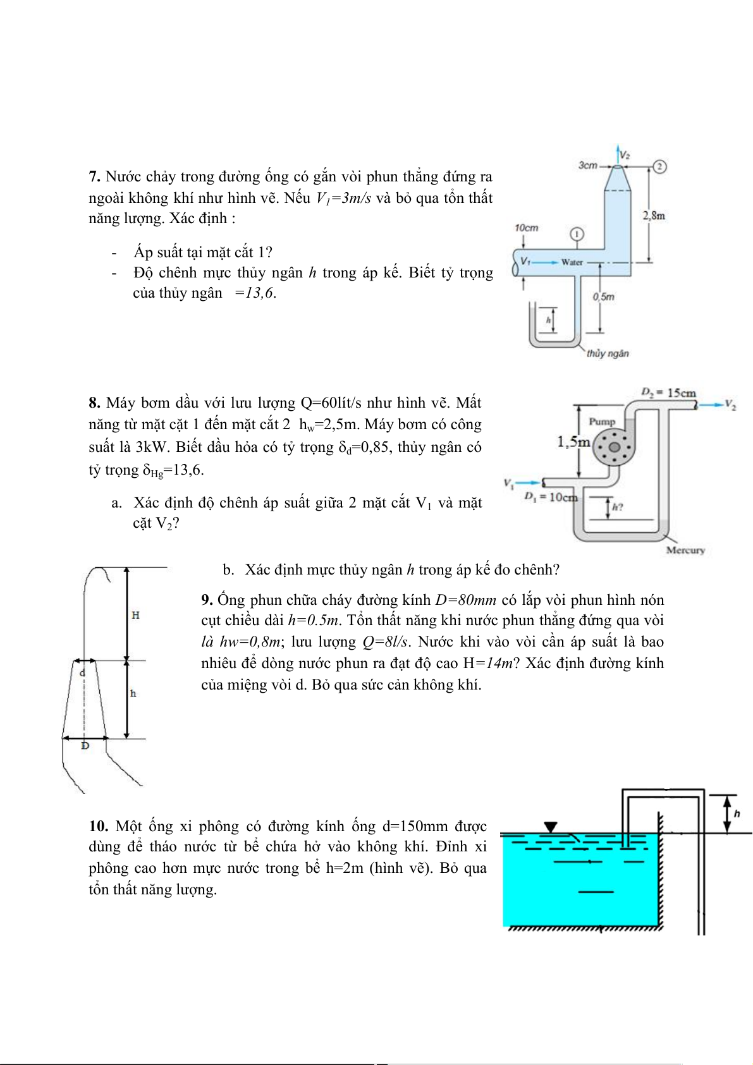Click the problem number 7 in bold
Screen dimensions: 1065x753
[x=94, y=177]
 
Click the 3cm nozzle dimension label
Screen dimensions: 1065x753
[x=587, y=166]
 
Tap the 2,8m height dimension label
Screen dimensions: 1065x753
[x=654, y=216]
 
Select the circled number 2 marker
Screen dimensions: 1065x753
[x=661, y=166]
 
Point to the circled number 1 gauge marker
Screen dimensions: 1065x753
[x=576, y=234]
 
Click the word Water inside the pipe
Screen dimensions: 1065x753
[x=572, y=262]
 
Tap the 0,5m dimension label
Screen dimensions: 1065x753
[x=604, y=296]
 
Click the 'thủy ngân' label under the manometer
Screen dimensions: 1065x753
[x=607, y=353]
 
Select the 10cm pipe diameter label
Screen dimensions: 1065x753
[x=526, y=228]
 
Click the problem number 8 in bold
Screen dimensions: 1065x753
[x=94, y=403]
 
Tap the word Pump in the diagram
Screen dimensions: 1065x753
[x=602, y=422]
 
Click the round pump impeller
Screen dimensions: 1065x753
[x=613, y=447]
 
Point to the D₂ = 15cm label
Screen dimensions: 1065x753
[x=668, y=393]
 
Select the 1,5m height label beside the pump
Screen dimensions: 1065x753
[x=573, y=442]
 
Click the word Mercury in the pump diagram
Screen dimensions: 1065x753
[x=685, y=550]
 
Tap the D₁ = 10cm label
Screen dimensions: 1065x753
[x=550, y=497]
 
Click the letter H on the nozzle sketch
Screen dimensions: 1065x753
[x=135, y=615]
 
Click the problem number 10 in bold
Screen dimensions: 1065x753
[x=98, y=827]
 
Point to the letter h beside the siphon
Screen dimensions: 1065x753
[x=737, y=813]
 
